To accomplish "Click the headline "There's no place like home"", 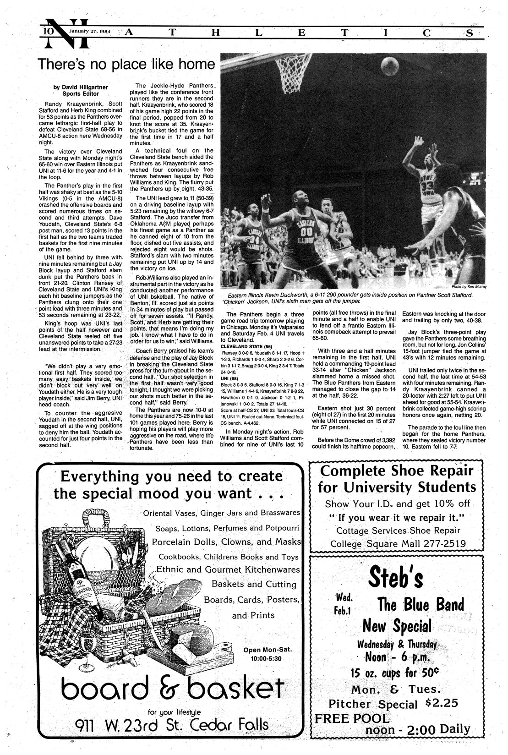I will click(x=126, y=64).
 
